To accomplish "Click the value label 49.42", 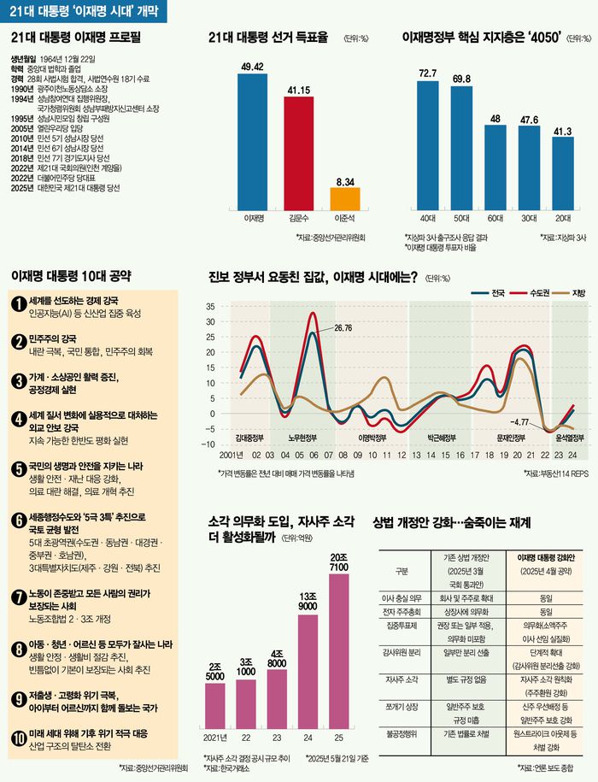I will coord(251,65).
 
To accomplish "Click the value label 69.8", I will coord(461,79).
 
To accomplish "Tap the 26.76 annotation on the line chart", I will coord(343,327).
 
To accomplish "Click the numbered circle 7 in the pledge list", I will coord(19,597).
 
